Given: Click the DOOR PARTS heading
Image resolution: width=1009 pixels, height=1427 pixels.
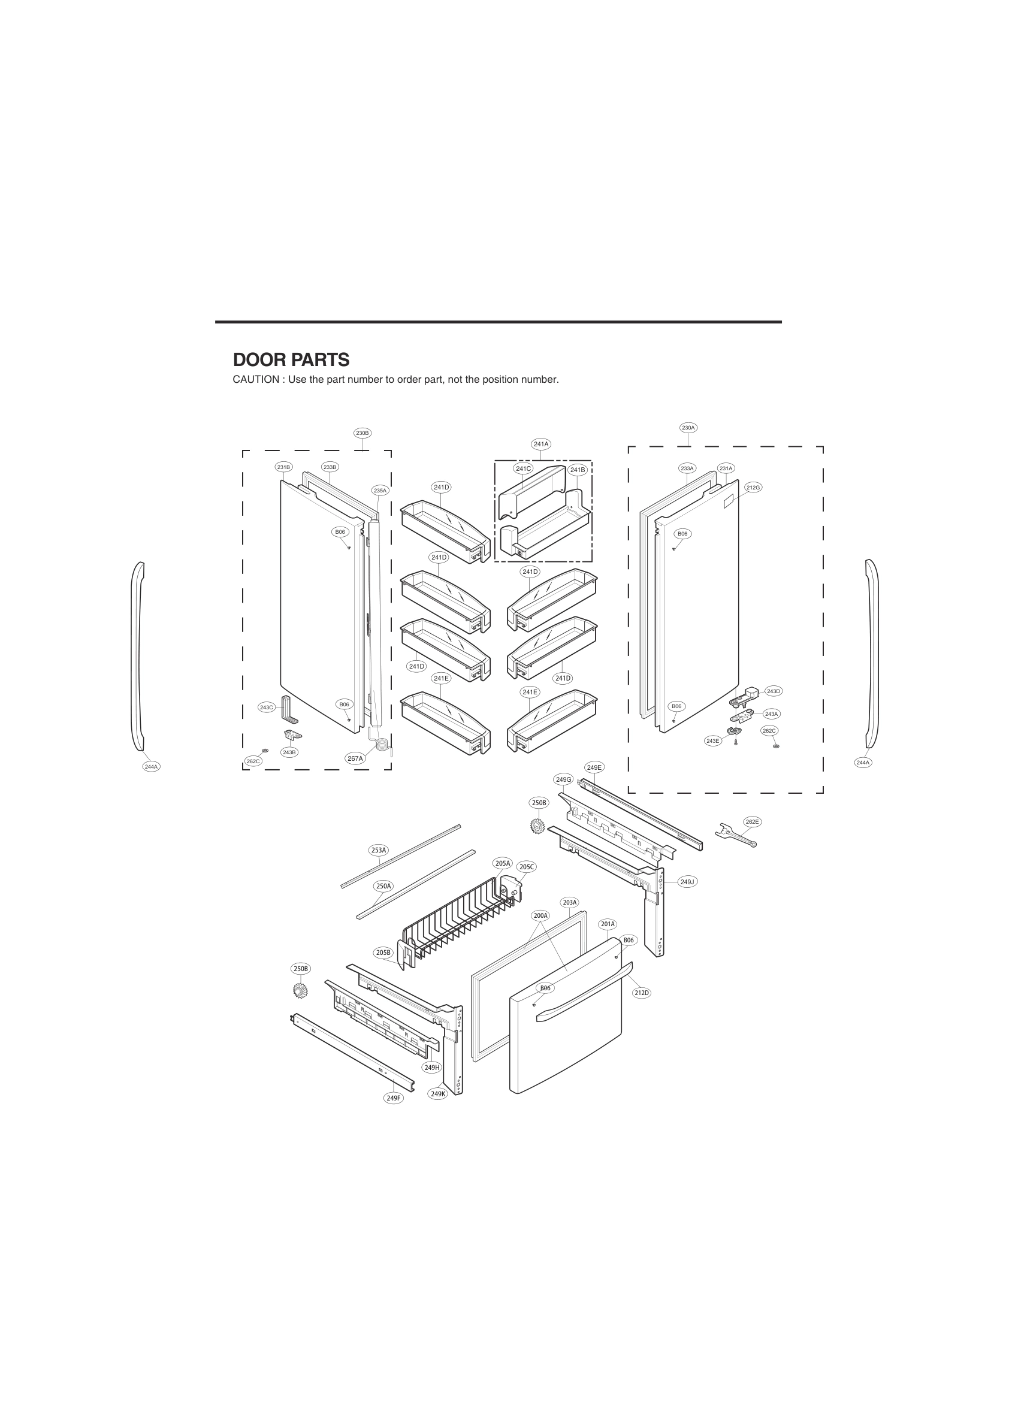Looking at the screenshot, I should (x=291, y=360).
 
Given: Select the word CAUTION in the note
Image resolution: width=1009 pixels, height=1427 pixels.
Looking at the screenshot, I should (x=255, y=380).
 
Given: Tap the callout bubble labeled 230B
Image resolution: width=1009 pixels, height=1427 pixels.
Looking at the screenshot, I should (x=362, y=433).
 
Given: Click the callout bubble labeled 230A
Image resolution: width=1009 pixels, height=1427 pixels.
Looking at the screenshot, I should (x=688, y=428).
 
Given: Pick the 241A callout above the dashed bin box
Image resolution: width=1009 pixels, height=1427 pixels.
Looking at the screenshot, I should (x=541, y=444).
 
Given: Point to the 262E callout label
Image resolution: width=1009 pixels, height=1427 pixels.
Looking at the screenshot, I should (x=752, y=822).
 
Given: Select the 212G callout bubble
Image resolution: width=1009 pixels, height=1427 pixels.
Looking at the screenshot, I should (x=753, y=487).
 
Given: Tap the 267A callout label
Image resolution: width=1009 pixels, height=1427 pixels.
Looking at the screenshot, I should (x=355, y=758).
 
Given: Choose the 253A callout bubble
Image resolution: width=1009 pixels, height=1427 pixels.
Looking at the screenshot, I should (x=379, y=849).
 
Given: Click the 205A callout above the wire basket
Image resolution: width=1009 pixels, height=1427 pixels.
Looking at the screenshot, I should (x=502, y=863).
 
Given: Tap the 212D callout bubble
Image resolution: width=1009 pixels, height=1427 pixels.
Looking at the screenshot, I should (x=642, y=993).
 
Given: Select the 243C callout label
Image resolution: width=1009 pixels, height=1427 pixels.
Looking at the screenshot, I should (x=267, y=708).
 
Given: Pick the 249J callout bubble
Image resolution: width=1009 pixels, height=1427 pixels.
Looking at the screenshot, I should (x=687, y=882).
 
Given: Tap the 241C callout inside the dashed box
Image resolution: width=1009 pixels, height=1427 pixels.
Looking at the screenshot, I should (x=524, y=468).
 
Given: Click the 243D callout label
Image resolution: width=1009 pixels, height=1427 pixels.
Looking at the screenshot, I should (x=774, y=691).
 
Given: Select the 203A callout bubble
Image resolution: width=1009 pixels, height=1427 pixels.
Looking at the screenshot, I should (x=569, y=902).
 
